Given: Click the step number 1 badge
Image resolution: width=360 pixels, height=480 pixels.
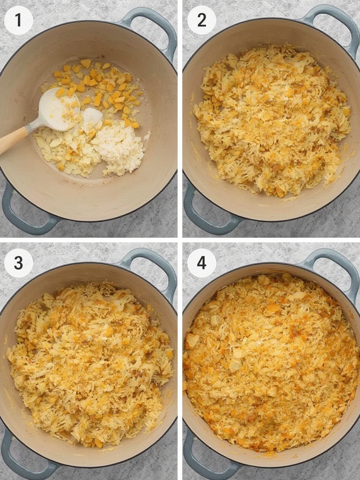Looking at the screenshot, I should [x=18, y=20].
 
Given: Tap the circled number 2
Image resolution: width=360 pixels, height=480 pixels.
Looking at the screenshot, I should [x=202, y=20].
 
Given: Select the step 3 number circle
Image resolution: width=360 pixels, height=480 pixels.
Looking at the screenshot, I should [x=18, y=262].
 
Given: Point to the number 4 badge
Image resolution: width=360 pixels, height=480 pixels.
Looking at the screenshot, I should [x=202, y=262].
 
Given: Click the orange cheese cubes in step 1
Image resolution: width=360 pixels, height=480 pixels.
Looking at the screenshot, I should [x=101, y=89].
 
